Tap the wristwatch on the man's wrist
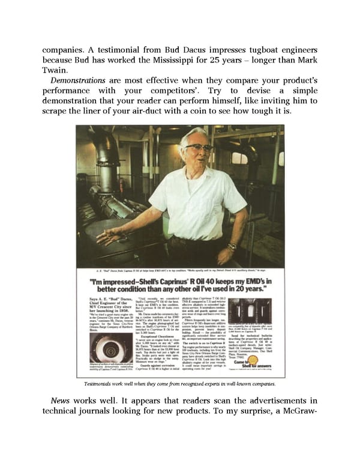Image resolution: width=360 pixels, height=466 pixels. (232, 246)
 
